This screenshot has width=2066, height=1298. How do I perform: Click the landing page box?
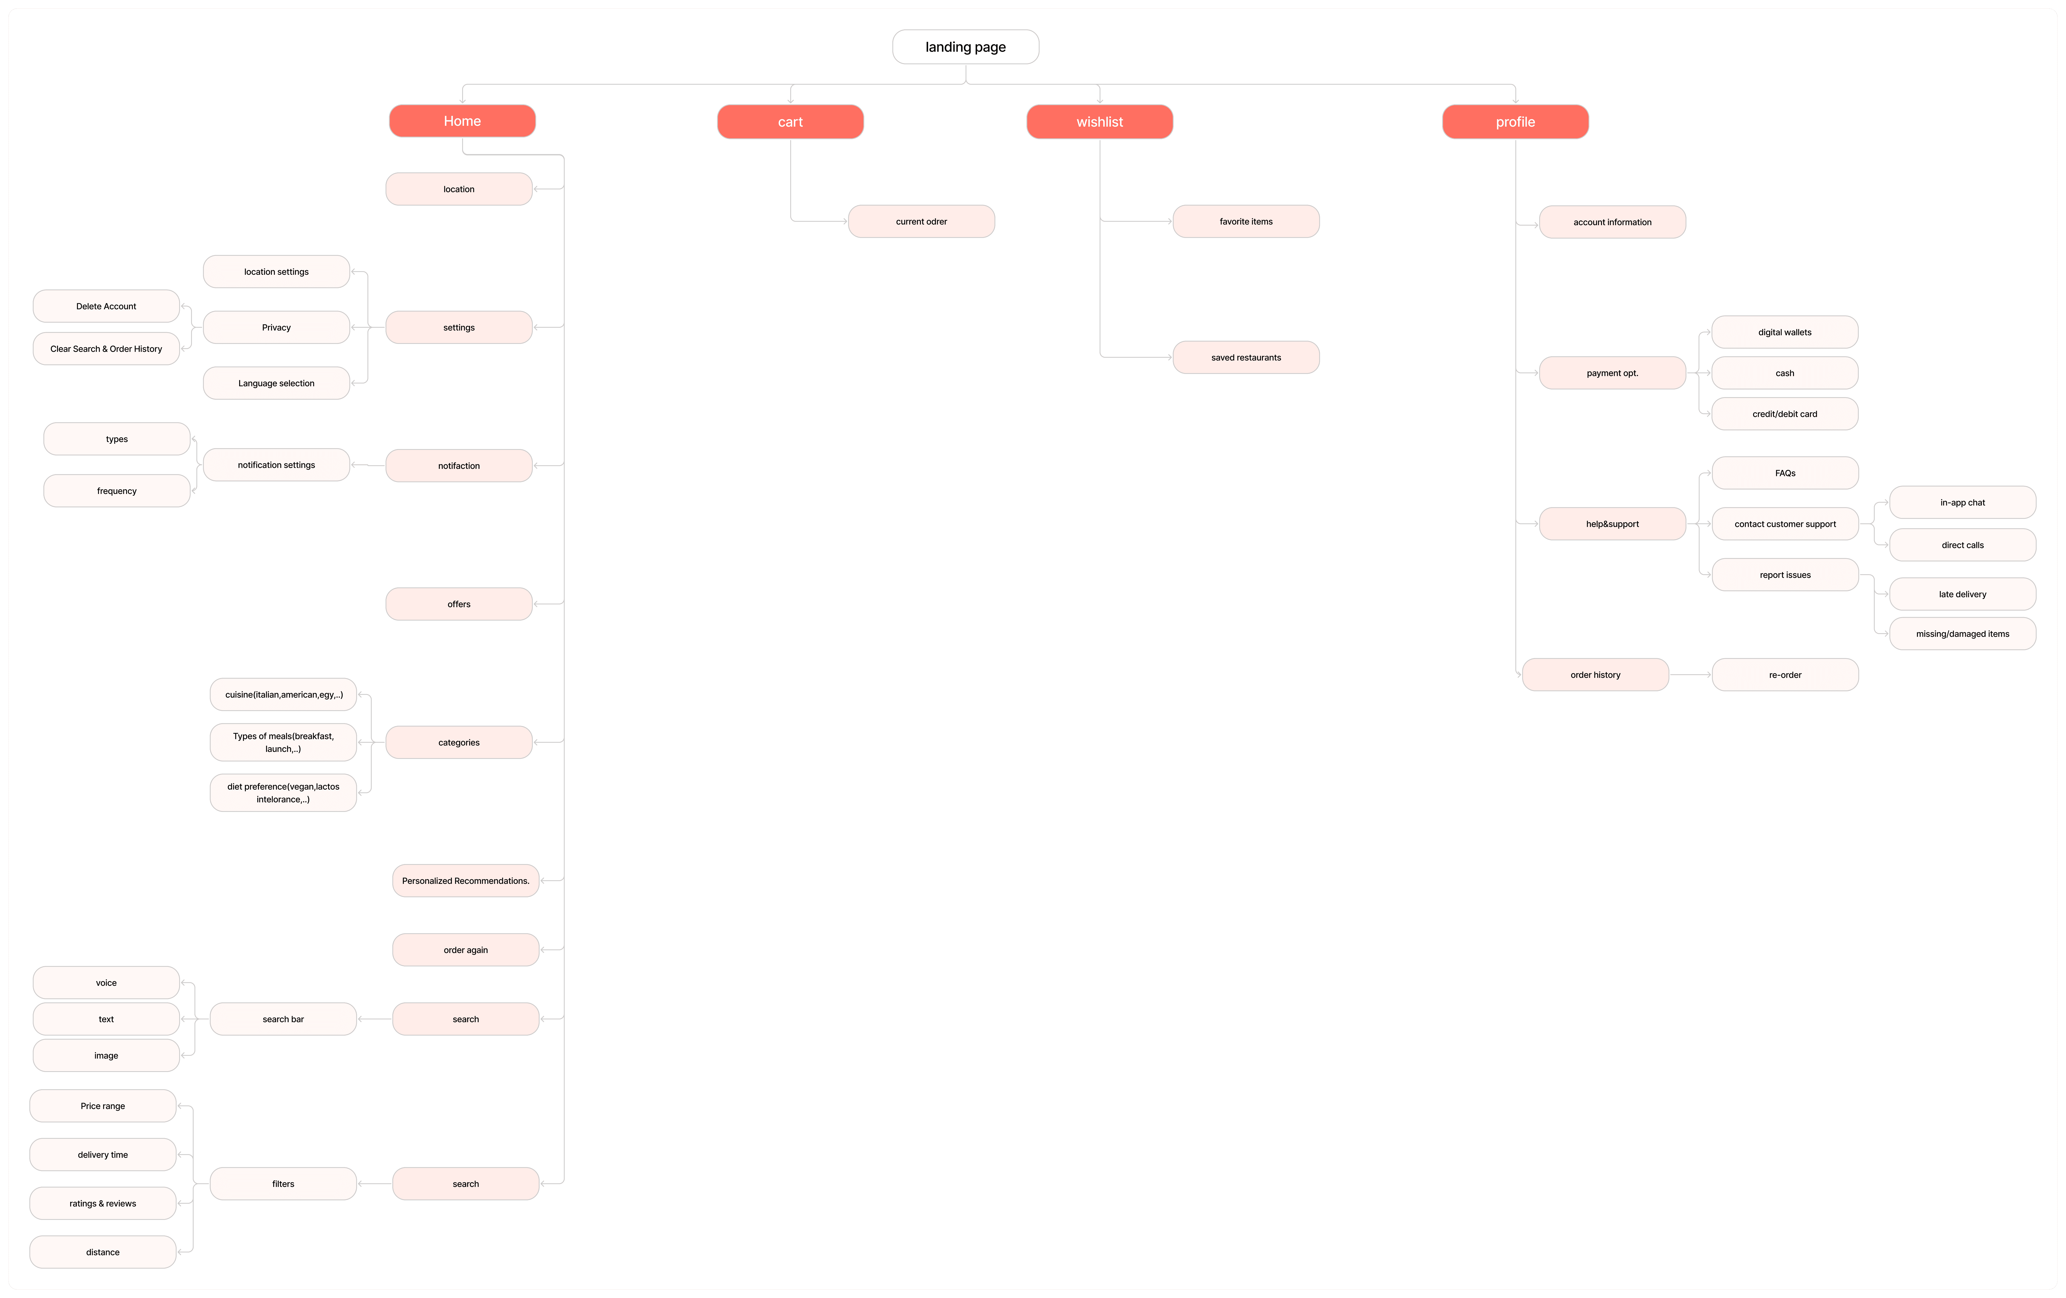965,47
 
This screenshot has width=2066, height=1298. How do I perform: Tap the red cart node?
790,122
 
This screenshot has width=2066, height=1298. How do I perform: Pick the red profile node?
1515,122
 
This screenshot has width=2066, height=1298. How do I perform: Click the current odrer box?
922,221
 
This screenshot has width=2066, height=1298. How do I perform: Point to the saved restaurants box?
1246,358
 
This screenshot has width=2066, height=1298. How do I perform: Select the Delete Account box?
106,306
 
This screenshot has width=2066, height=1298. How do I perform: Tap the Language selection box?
276,384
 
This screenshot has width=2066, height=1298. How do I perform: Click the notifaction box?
459,466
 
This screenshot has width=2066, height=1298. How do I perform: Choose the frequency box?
117,491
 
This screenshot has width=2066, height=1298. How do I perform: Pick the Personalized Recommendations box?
466,881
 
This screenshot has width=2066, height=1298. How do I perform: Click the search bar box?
283,1019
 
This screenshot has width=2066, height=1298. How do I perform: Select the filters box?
283,1184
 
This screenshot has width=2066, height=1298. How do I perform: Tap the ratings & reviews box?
103,1204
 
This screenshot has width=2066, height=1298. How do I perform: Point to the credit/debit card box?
1785,414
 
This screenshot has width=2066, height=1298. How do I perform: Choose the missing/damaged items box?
1962,634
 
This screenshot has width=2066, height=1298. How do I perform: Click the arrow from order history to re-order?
1690,675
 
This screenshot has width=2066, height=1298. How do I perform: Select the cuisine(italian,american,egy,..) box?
283,695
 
